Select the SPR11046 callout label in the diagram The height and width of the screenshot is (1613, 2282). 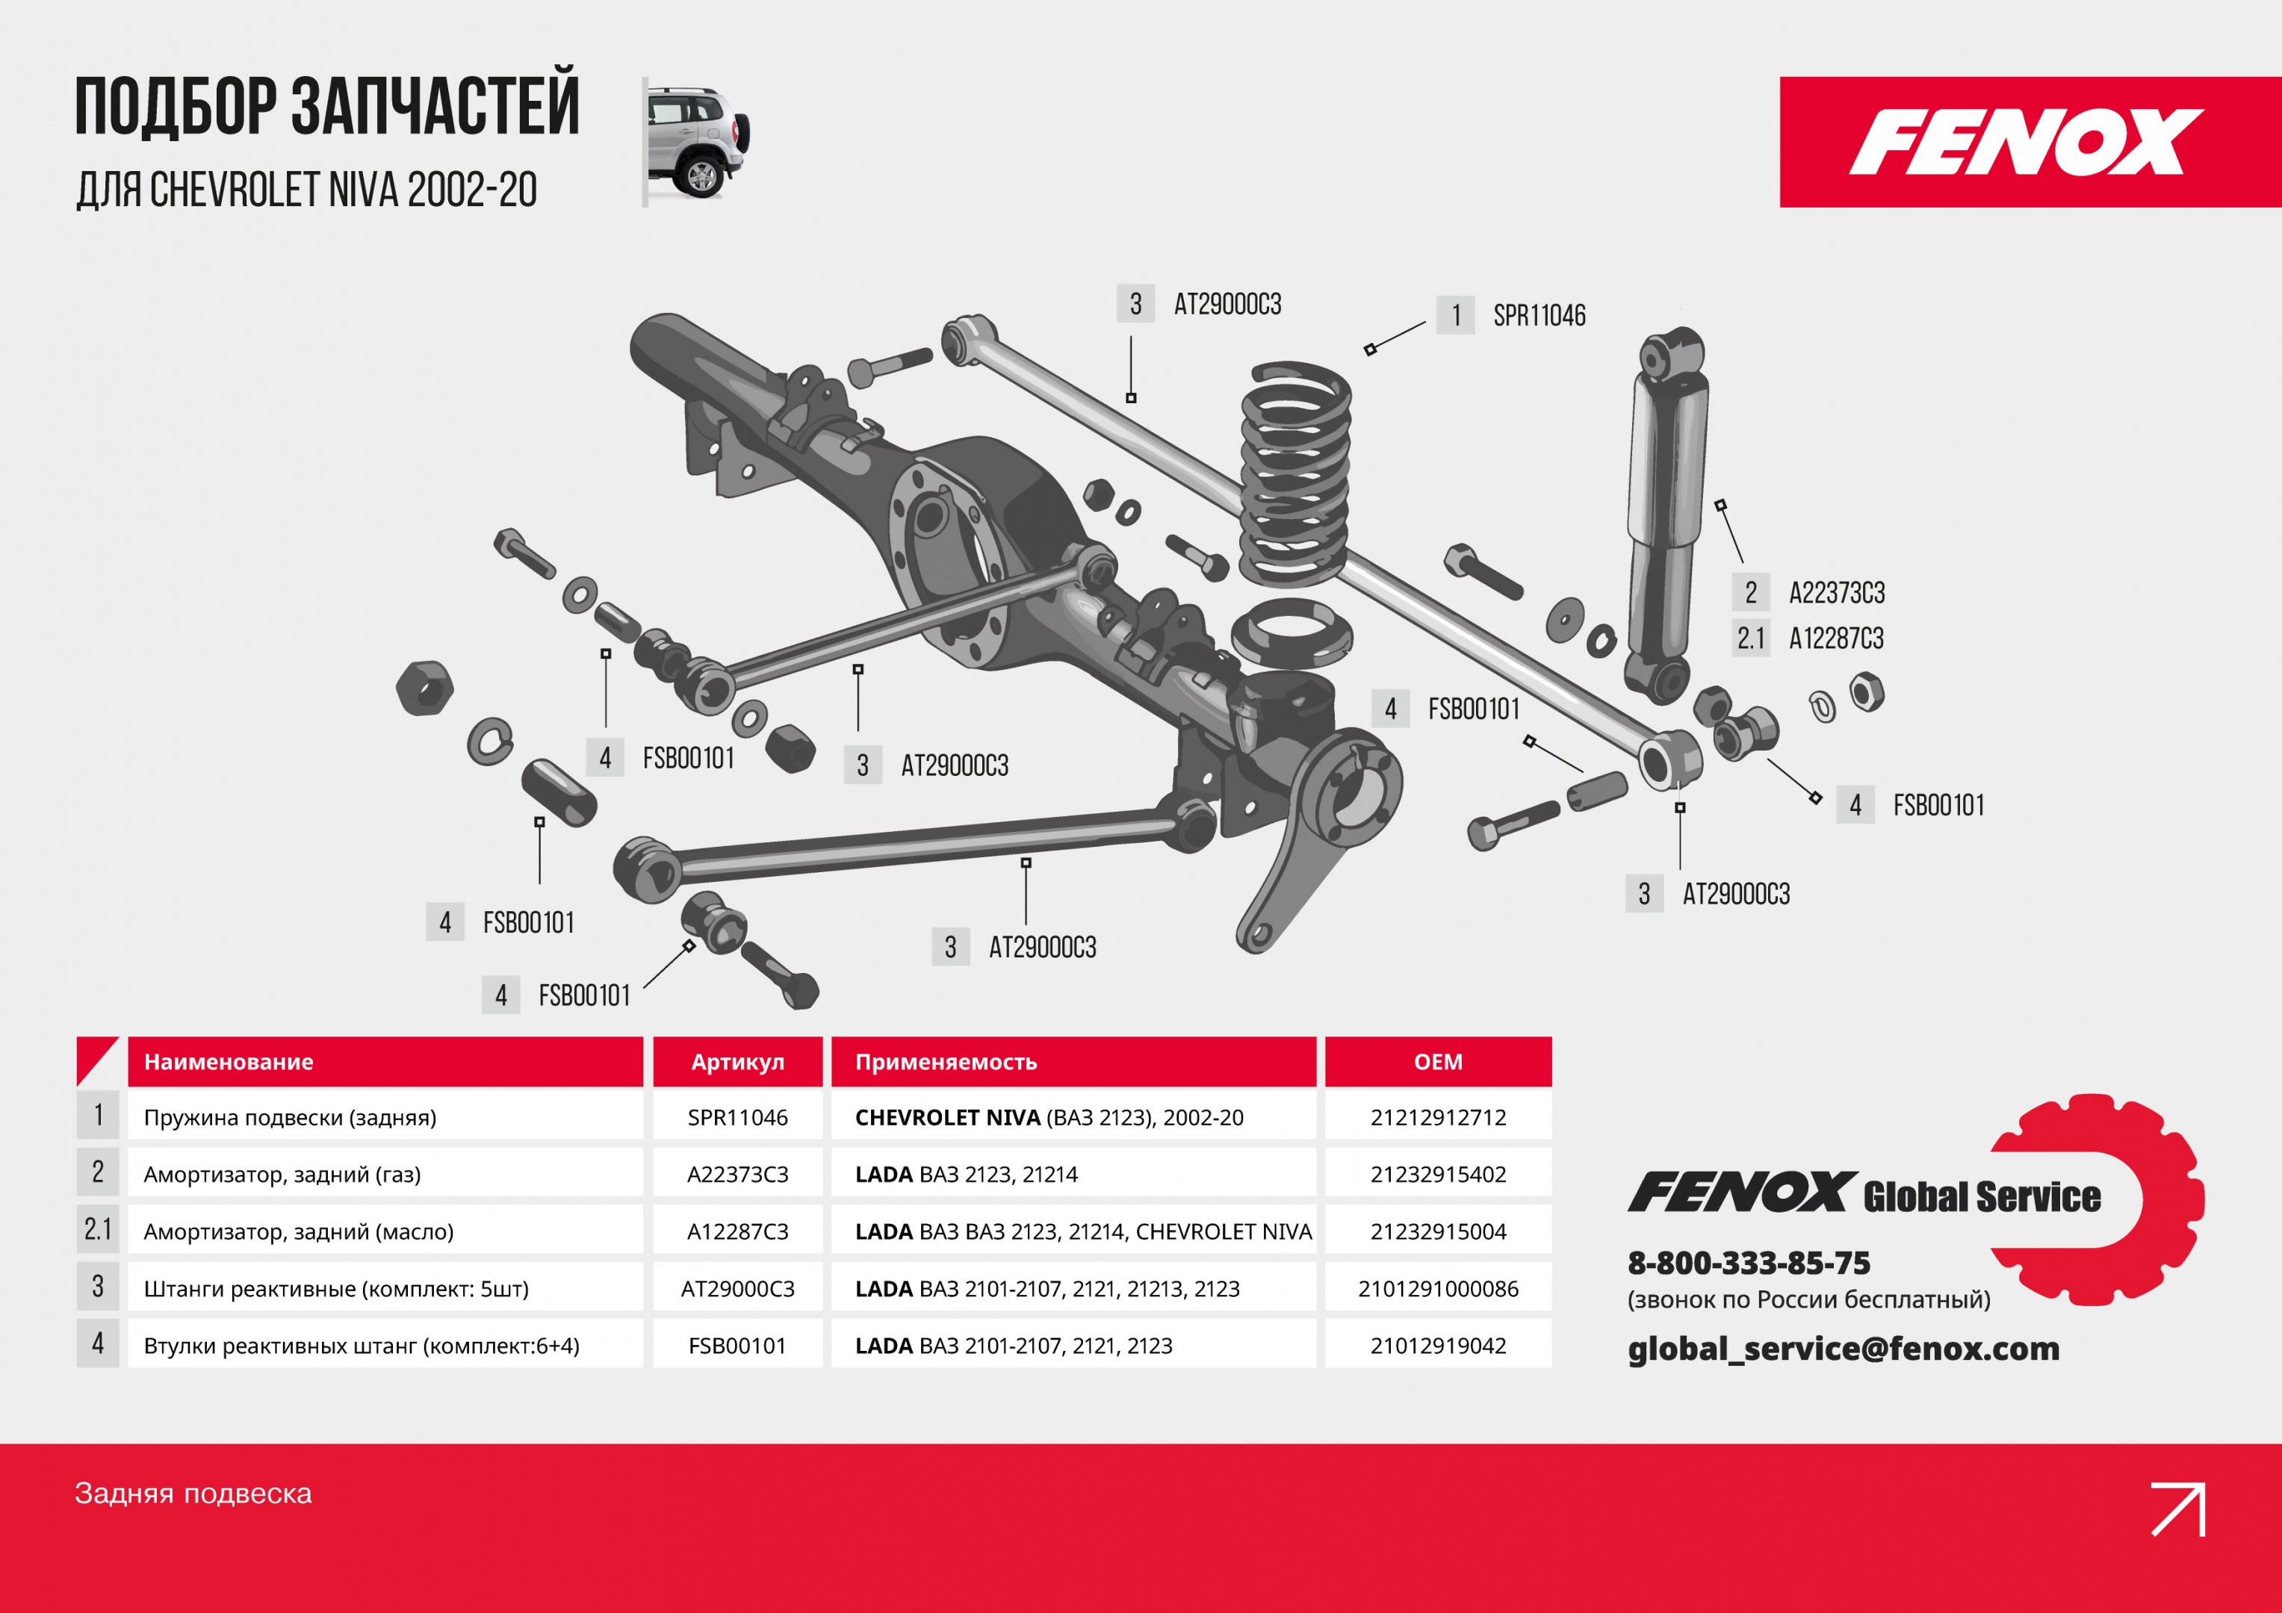tap(1539, 316)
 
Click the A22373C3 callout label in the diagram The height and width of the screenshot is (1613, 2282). tap(1836, 594)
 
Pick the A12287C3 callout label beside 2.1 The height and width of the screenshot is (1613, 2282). tap(1836, 638)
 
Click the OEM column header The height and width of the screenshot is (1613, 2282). tap(1437, 1061)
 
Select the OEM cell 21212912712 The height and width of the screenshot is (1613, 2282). tap(1437, 1117)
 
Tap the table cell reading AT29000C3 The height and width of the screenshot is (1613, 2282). tap(737, 1289)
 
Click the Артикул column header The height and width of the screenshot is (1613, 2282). tap(737, 1061)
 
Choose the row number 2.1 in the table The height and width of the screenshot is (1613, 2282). tap(97, 1231)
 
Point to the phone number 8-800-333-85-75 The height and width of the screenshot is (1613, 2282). tap(1748, 1264)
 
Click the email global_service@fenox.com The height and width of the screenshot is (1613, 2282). tap(1843, 1349)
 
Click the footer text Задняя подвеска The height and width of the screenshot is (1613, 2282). tap(193, 1494)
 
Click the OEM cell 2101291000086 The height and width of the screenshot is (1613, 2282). tap(1437, 1289)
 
